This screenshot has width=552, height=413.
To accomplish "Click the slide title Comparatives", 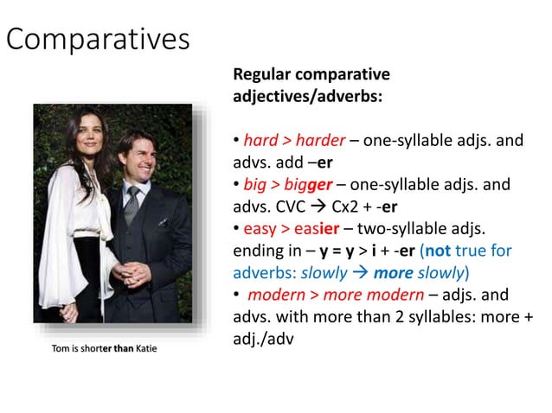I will tap(98, 39).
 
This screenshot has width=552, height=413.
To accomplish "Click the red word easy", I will tap(261, 229).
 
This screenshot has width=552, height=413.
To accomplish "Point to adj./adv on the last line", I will tap(264, 340).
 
